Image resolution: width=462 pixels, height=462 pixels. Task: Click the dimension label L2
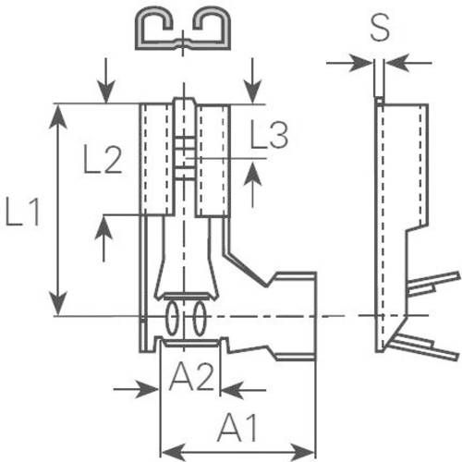point(102,161)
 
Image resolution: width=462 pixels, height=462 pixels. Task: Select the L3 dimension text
point(268,137)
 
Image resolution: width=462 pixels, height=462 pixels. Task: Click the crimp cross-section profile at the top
point(182,30)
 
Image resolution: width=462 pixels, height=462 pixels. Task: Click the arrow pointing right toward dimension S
point(360,63)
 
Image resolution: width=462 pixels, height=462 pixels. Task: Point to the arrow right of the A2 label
point(231,390)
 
